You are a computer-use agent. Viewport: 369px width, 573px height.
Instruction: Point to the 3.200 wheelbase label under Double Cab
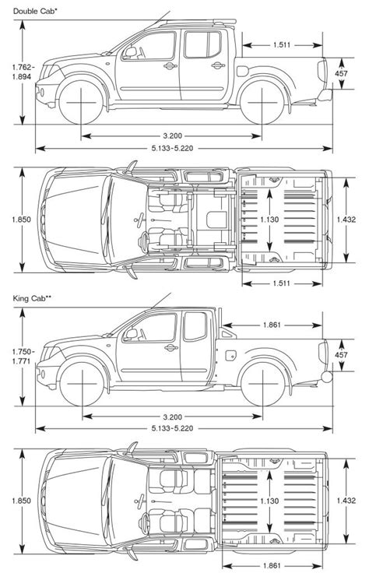(x=173, y=136)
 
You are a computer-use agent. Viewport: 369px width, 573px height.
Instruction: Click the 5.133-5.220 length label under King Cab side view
(x=173, y=428)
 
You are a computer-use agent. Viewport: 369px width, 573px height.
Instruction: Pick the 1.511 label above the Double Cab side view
(x=282, y=45)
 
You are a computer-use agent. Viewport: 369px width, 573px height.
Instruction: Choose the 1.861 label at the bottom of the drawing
(x=272, y=566)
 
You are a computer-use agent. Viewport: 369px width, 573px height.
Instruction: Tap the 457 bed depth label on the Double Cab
(x=341, y=73)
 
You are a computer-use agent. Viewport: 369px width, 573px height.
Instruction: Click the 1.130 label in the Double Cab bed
(x=269, y=220)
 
